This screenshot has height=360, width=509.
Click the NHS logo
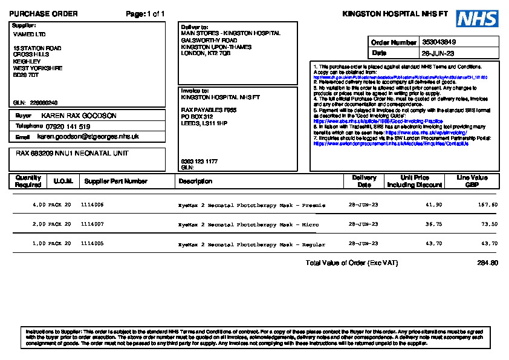477,18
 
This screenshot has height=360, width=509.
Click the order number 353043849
439,42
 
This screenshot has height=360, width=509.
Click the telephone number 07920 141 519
68,126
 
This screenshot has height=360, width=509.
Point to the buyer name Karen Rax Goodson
79,115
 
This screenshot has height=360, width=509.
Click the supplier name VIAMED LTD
29,34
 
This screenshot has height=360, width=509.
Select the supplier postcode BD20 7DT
26,75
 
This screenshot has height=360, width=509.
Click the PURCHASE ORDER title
44,14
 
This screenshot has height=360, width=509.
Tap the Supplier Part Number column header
115,181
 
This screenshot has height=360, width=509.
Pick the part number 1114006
92,205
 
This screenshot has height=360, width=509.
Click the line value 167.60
487,205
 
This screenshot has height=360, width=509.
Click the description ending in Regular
251,244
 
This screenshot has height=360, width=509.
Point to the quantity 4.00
39,205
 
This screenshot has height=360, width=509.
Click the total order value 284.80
487,263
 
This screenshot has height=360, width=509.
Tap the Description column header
195,181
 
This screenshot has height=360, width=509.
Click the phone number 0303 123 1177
199,162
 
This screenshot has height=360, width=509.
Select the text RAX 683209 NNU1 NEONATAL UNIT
72,154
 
